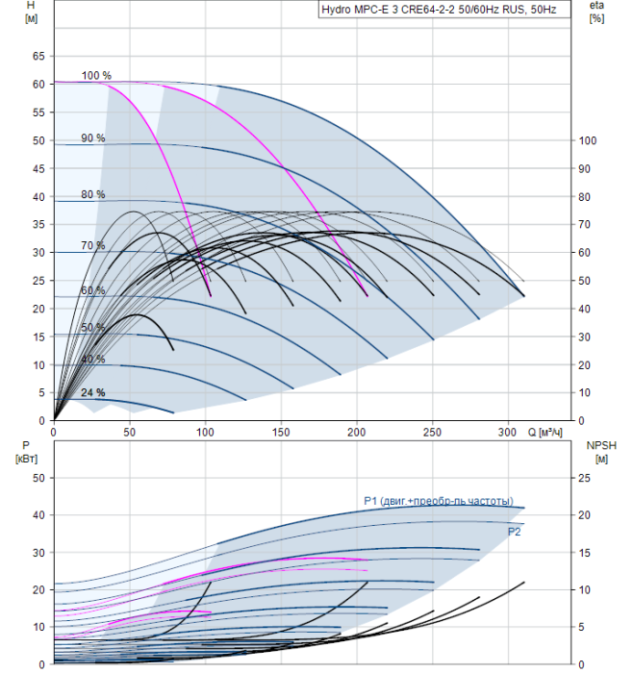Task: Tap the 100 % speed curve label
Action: pos(96,76)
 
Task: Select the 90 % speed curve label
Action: pos(93,138)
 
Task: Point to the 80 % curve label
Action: pos(93,194)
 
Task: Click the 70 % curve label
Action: pos(93,246)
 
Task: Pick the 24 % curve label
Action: pos(93,392)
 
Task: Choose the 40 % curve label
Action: pos(93,359)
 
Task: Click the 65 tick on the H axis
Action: pos(39,57)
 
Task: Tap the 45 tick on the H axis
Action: pos(39,169)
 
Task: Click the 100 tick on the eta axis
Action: pos(587,141)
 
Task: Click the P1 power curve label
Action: pos(439,500)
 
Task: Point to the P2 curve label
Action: pos(514,531)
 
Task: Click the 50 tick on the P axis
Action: pos(39,478)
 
